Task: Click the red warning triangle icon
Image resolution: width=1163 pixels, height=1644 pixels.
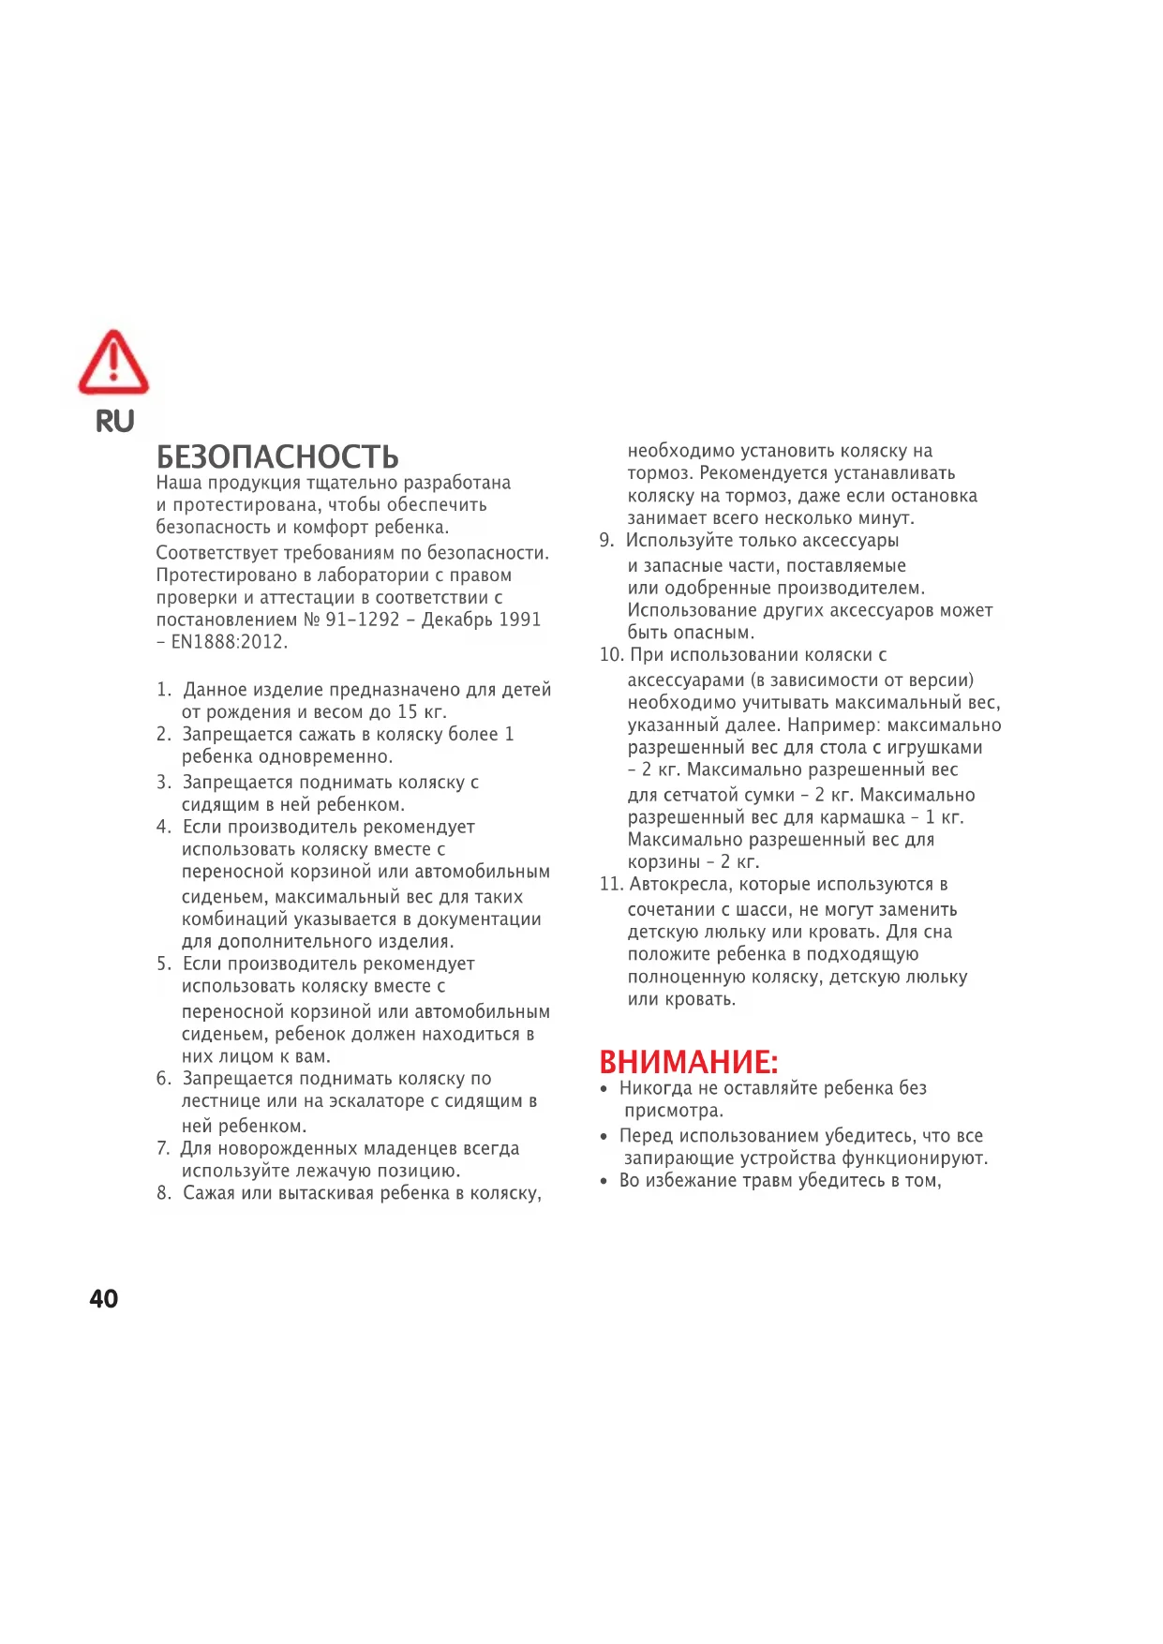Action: click(x=113, y=363)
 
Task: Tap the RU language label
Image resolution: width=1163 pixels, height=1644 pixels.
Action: click(x=115, y=422)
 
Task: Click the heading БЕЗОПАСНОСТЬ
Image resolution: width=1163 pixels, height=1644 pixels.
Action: click(x=277, y=457)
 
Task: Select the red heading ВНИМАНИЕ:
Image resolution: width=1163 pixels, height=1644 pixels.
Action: click(x=689, y=1062)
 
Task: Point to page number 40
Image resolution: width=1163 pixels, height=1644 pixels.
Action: click(x=104, y=1298)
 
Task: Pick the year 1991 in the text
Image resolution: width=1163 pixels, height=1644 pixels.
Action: click(x=519, y=620)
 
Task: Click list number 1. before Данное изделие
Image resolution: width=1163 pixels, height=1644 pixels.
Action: click(x=164, y=690)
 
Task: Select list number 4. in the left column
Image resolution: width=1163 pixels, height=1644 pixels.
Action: click(x=164, y=827)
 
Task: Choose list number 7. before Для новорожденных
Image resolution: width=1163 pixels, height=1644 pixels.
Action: click(x=163, y=1148)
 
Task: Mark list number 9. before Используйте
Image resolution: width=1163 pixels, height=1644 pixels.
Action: click(x=606, y=541)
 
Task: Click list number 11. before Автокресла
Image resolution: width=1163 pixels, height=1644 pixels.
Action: click(x=611, y=884)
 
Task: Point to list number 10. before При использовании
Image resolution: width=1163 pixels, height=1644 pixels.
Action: click(x=611, y=655)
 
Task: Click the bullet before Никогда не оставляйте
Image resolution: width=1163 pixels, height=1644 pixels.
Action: click(x=604, y=1089)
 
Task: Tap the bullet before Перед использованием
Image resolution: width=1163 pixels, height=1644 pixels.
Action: click(x=604, y=1137)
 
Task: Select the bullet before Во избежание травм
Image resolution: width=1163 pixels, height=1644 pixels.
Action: click(x=604, y=1181)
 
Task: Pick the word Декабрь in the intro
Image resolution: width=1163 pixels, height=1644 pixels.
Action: click(x=456, y=620)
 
